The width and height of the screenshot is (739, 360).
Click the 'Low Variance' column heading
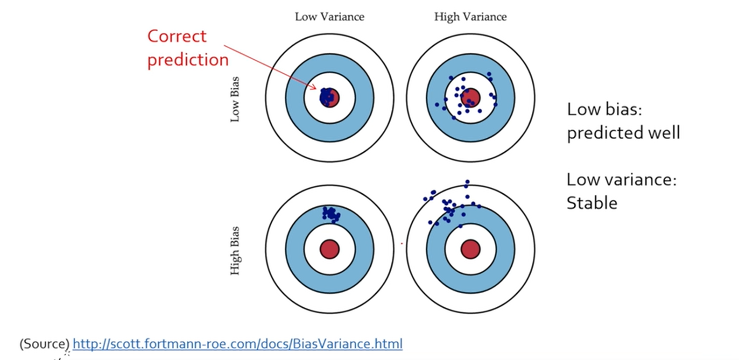(329, 17)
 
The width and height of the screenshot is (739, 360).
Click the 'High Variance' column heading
(470, 17)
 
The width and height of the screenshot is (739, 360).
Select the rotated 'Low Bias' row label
(235, 99)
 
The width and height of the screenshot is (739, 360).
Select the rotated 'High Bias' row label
(235, 251)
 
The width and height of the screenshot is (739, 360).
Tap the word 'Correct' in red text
(176, 36)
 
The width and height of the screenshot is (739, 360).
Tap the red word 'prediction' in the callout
(188, 60)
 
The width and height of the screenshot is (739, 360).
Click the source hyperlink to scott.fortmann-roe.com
(237, 344)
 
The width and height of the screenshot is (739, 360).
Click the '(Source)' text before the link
(44, 344)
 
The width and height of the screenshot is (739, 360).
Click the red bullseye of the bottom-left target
(330, 249)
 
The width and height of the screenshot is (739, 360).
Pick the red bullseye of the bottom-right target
(470, 249)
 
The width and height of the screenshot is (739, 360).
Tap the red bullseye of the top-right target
(470, 98)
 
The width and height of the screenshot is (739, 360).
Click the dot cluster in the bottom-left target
(331, 214)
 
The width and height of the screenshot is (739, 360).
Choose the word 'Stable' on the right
(591, 203)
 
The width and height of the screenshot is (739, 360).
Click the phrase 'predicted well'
(623, 133)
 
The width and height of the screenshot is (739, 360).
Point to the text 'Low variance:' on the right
(621, 180)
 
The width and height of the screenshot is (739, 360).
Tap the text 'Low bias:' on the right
(605, 109)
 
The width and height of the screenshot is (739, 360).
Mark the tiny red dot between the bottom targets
(402, 243)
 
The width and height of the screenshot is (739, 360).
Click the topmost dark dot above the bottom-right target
(467, 182)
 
